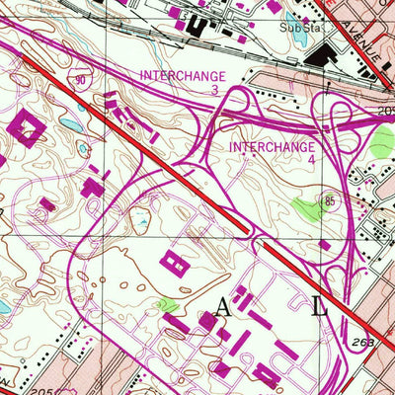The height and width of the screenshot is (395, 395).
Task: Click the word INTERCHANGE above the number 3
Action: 183,75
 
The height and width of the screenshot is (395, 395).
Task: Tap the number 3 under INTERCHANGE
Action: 214,89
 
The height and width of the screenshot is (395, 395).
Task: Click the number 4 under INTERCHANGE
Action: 312,159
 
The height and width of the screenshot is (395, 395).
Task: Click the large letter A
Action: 221,308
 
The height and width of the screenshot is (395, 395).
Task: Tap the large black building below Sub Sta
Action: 319,59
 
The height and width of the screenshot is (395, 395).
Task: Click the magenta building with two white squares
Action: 176,262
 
